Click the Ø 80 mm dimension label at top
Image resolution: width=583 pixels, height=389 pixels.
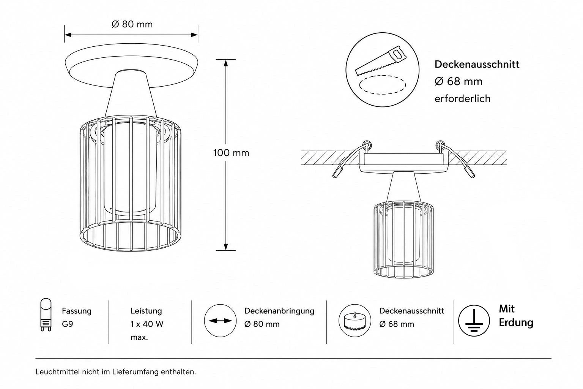[x=132, y=24]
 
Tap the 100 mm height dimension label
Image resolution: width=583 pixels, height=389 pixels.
[x=231, y=153]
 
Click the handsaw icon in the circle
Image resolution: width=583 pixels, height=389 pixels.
[x=381, y=61]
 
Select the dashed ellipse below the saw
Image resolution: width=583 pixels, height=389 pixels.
[x=382, y=85]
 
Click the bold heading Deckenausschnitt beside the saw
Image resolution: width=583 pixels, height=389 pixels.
[x=477, y=64]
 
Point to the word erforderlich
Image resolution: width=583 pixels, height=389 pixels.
[x=463, y=99]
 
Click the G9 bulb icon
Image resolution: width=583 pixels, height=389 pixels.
[x=46, y=315]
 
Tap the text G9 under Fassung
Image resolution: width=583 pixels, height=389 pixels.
[x=68, y=324]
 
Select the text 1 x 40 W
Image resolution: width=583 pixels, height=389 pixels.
[x=147, y=324]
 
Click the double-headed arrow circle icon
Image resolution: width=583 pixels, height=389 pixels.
[x=220, y=321]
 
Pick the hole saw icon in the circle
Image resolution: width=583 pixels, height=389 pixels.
[x=355, y=321]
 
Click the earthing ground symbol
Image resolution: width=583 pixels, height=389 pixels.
[x=474, y=321]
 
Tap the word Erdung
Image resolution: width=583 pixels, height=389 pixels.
[x=516, y=323]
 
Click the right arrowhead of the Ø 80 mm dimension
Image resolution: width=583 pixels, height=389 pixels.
[x=194, y=35]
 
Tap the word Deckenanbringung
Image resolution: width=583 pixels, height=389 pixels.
[x=279, y=311]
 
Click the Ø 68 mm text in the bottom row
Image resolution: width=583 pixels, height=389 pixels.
[x=397, y=324]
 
